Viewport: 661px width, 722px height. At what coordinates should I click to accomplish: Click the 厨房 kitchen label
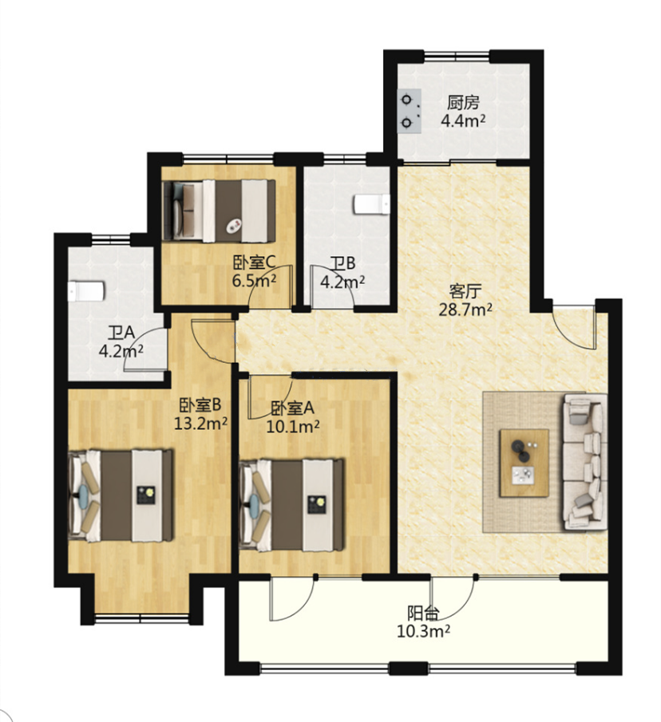click(x=463, y=103)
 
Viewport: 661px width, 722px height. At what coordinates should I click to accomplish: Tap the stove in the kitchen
click(x=410, y=112)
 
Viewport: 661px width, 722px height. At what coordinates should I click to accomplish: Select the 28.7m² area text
click(x=465, y=310)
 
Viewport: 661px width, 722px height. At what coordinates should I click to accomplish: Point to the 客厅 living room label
click(x=465, y=291)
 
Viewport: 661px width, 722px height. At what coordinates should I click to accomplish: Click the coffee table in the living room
click(x=524, y=463)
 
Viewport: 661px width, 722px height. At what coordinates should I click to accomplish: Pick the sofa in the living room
click(x=584, y=462)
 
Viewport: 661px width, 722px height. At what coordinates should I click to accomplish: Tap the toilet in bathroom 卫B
click(x=371, y=204)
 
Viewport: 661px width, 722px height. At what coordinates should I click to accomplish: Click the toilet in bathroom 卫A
click(x=86, y=291)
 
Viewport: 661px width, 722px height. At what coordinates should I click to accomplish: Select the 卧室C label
click(x=255, y=263)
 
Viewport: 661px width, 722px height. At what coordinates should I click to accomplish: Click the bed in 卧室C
click(x=220, y=211)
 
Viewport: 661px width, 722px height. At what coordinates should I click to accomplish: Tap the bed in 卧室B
click(x=121, y=495)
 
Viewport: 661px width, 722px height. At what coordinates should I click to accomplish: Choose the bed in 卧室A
click(x=292, y=505)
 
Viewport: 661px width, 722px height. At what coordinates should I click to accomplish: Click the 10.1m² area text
click(x=293, y=427)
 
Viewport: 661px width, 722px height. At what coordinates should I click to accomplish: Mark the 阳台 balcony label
click(x=423, y=613)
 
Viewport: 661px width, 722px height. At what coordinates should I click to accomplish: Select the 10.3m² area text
click(x=423, y=631)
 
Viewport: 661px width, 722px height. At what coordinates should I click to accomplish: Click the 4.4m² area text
click(x=463, y=121)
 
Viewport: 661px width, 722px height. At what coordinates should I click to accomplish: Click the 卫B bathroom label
click(x=343, y=264)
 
